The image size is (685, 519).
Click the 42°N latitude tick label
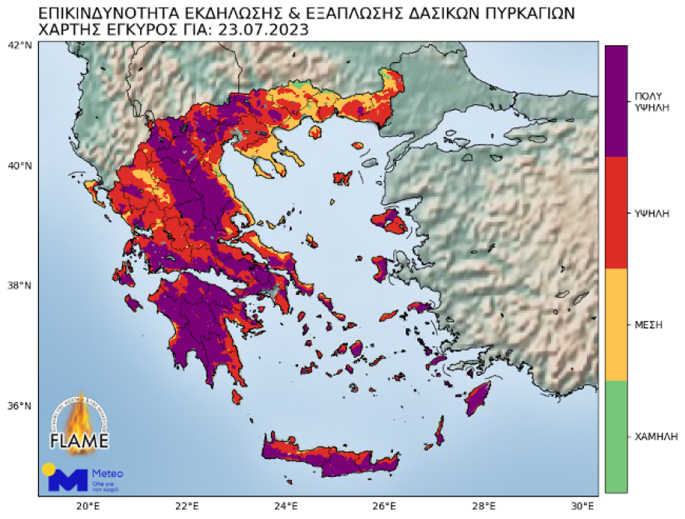(x=19, y=45)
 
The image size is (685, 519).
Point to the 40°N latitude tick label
(x=19, y=165)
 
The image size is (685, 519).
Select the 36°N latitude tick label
(x=19, y=405)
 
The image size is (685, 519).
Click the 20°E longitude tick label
(x=87, y=506)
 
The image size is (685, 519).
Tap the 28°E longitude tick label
(x=483, y=506)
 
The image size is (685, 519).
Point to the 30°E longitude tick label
(x=582, y=506)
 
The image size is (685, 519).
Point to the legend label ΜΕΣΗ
(x=648, y=324)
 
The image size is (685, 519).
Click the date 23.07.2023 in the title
(x=261, y=30)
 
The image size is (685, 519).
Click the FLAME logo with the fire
(x=79, y=424)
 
